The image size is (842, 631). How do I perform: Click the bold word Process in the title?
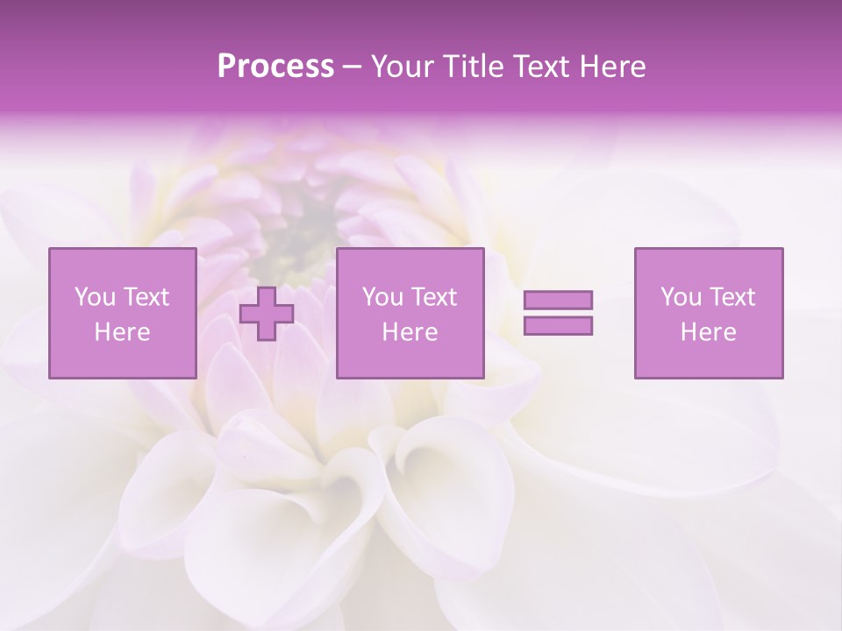[275, 67]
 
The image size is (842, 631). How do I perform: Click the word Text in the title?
[539, 67]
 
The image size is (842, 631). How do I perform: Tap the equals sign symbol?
[558, 313]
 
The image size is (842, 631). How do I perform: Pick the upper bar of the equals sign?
[558, 301]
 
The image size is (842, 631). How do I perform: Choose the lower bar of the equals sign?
[558, 325]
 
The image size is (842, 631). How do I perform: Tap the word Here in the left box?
[122, 332]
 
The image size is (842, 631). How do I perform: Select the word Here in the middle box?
[410, 332]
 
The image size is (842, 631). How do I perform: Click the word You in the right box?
[681, 297]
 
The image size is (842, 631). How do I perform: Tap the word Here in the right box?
[709, 332]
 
